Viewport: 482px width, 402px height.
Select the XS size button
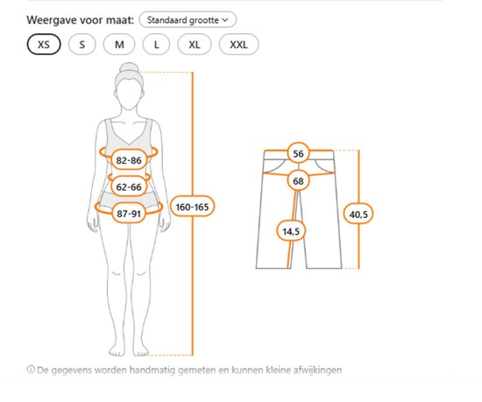point(44,45)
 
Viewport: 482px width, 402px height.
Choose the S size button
point(82,45)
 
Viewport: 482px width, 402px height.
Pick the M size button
point(119,45)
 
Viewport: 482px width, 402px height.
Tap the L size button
point(156,45)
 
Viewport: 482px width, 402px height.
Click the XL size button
point(195,45)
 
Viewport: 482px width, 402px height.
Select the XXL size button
point(239,45)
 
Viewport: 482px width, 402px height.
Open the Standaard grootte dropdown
point(188,20)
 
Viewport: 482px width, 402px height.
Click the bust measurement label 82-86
point(129,160)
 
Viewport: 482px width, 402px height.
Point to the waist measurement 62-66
point(129,187)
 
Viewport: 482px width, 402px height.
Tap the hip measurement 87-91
point(129,214)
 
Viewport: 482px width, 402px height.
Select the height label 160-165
point(192,207)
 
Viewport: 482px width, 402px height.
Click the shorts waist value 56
point(298,153)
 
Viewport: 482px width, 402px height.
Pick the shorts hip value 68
point(298,181)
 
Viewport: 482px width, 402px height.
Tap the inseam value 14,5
point(291,231)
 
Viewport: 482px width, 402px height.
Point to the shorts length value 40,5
point(358,214)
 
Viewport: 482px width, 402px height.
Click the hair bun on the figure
point(129,67)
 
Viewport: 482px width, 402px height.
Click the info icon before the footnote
point(31,369)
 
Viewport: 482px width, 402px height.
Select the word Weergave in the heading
point(52,20)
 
